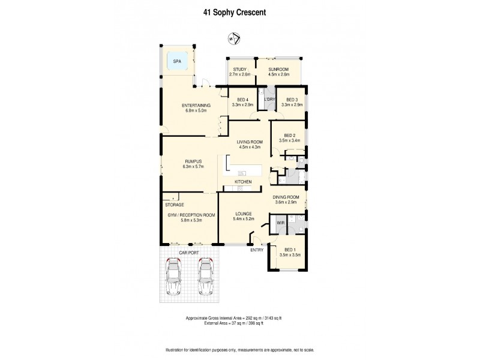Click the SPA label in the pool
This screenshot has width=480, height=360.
177,61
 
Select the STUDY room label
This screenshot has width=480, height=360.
241,70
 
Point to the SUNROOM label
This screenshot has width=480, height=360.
278,70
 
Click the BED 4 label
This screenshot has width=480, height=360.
242,100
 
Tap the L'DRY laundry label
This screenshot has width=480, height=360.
269,99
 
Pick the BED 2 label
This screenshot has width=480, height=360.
289,136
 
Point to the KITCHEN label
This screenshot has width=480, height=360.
243,181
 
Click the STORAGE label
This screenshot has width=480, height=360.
175,205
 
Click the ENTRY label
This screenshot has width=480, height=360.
257,250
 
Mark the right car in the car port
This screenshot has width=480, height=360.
206,278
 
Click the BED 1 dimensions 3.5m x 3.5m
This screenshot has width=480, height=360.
290,254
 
